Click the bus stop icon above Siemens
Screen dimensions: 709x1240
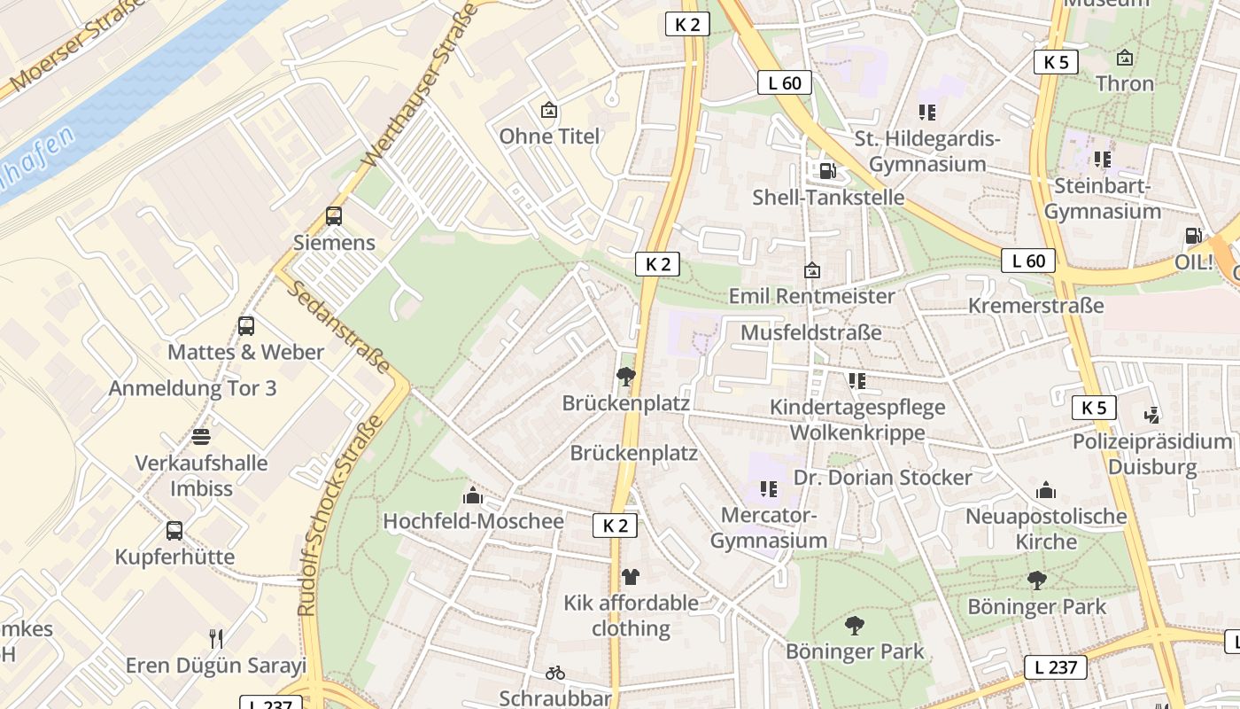334,215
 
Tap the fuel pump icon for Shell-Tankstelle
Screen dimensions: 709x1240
827,170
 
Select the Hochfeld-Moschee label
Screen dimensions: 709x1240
473,521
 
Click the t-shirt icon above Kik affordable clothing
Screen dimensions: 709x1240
630,577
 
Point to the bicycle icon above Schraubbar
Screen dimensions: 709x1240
555,673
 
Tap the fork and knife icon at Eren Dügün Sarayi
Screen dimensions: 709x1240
215,638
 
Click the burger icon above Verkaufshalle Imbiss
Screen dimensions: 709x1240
201,437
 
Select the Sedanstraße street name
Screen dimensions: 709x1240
339,327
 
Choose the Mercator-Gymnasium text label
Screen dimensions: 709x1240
769,527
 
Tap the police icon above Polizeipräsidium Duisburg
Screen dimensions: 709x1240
1151,415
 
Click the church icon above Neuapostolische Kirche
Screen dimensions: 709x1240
1046,490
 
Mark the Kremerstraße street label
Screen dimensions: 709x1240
1036,306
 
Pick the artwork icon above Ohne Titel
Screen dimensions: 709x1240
549,111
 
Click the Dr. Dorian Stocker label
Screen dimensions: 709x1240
882,478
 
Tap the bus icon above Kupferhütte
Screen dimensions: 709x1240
174,531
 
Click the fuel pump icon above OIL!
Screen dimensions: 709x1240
1194,236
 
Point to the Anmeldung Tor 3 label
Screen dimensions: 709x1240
192,388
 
